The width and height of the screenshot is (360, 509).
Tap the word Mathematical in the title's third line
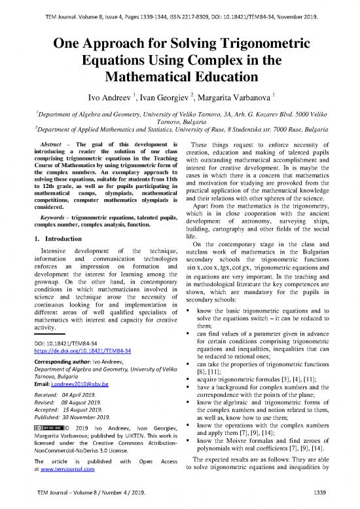click(180, 79)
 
